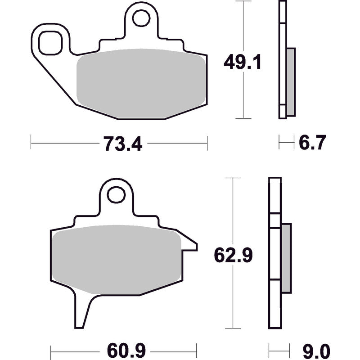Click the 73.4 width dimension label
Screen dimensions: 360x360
click(x=123, y=144)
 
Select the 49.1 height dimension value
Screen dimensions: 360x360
click(x=242, y=62)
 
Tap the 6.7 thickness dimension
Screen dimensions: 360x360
click(x=312, y=143)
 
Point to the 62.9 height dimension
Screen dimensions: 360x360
click(x=233, y=255)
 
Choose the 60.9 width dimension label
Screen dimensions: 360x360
click(x=126, y=351)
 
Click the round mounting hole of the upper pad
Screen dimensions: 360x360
click(x=141, y=18)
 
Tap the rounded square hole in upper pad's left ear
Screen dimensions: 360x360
click(x=50, y=43)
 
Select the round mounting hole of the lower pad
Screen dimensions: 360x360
click(x=116, y=195)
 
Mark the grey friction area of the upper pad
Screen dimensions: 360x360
click(x=141, y=83)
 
